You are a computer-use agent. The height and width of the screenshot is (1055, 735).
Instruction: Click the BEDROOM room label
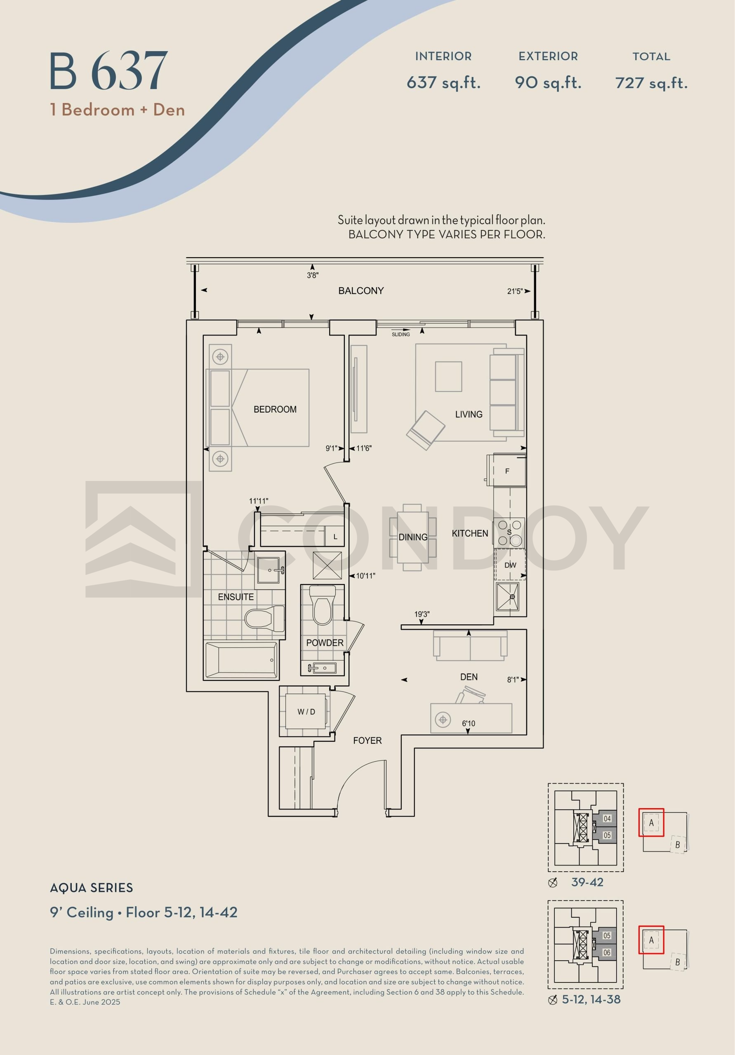coord(275,409)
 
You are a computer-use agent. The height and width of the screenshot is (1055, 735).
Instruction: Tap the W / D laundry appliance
coord(306,712)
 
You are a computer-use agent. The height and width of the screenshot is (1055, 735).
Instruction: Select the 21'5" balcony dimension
coord(515,291)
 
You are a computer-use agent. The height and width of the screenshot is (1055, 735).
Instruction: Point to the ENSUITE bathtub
coord(241,660)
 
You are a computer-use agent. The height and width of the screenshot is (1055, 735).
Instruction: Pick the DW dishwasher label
coord(510,565)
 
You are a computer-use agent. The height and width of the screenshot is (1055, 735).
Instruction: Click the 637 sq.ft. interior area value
coord(443,83)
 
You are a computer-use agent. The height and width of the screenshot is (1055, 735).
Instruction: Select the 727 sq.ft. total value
coord(651,83)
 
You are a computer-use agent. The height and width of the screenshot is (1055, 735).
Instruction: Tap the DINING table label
coord(412,537)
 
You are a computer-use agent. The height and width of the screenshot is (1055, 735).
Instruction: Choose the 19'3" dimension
coord(422,614)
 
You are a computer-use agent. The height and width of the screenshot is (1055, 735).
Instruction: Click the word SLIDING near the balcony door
coord(400,334)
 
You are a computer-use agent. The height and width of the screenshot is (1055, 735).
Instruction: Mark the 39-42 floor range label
coord(587,882)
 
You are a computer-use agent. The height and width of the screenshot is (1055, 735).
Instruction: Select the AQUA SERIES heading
coord(92,888)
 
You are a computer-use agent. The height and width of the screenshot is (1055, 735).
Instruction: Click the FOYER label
coord(367,740)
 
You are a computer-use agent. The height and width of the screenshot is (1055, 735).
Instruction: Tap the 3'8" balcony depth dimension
coord(313,275)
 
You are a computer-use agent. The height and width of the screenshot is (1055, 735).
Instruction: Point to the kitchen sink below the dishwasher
coord(508,597)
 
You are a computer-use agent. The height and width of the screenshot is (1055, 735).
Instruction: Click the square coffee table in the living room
coord(448,376)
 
